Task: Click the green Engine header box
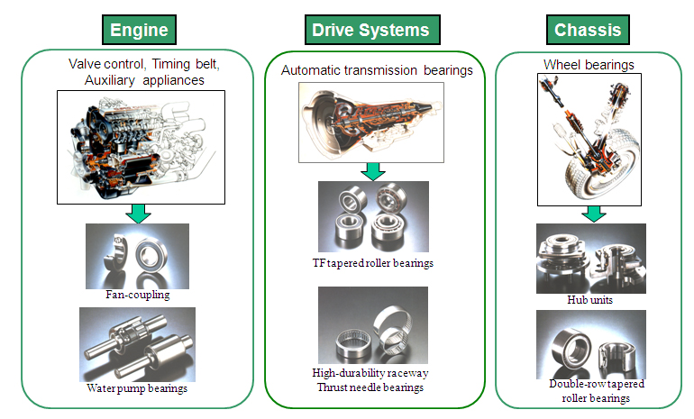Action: (139, 30)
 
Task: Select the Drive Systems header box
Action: (372, 30)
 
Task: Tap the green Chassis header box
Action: (588, 30)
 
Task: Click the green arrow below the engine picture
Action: (139, 214)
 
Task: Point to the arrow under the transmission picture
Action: (373, 172)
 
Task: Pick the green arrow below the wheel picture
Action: (594, 214)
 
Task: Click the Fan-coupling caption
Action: (138, 295)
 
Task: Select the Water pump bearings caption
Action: (137, 388)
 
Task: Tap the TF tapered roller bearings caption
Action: (373, 263)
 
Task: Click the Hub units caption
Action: (590, 300)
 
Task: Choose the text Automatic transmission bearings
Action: (377, 70)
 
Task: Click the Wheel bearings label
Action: (589, 65)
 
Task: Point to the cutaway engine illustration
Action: (141, 148)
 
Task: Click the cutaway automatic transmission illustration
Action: (371, 123)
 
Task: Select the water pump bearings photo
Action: (137, 345)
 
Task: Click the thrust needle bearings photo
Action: (373, 325)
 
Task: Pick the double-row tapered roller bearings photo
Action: (591, 344)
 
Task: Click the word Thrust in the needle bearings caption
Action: (332, 387)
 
